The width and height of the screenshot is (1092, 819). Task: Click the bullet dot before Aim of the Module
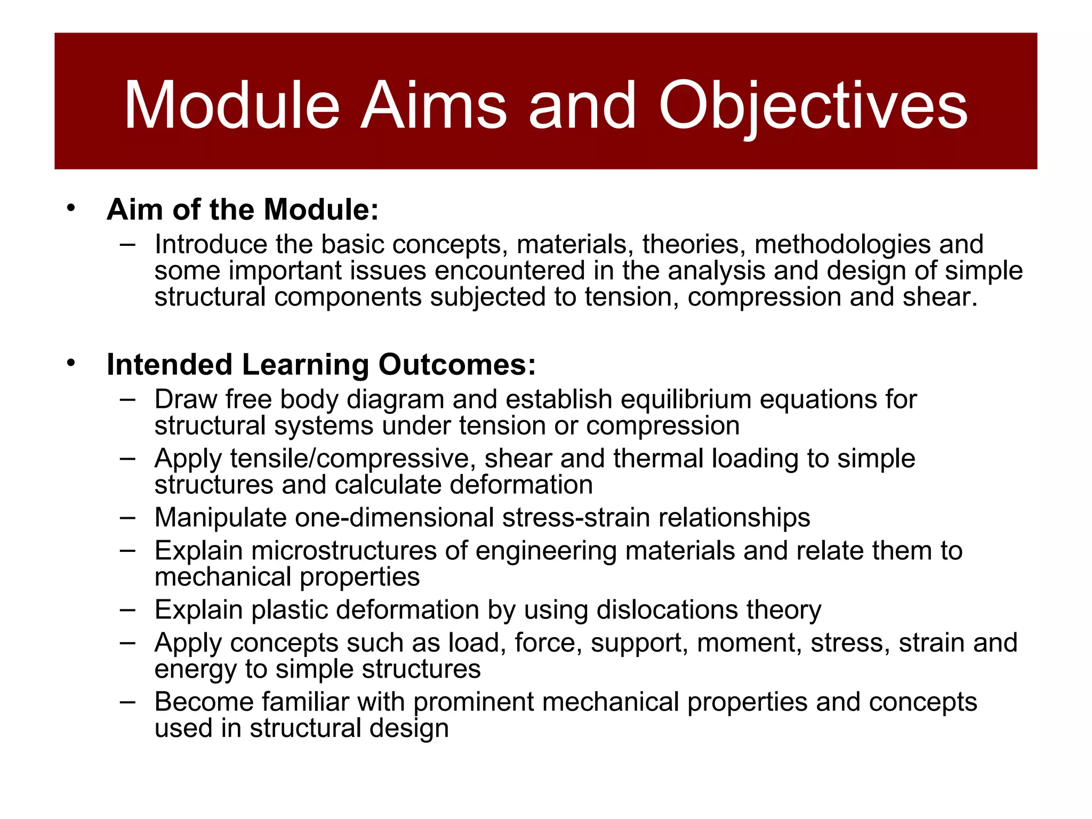71,208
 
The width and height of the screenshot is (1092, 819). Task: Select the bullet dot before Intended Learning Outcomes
71,364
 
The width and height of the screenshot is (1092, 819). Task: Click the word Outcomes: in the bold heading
457,365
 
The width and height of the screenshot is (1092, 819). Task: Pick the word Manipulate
221,518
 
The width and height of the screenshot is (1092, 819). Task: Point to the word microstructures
344,551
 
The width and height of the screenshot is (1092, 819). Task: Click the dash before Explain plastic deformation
127,609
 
